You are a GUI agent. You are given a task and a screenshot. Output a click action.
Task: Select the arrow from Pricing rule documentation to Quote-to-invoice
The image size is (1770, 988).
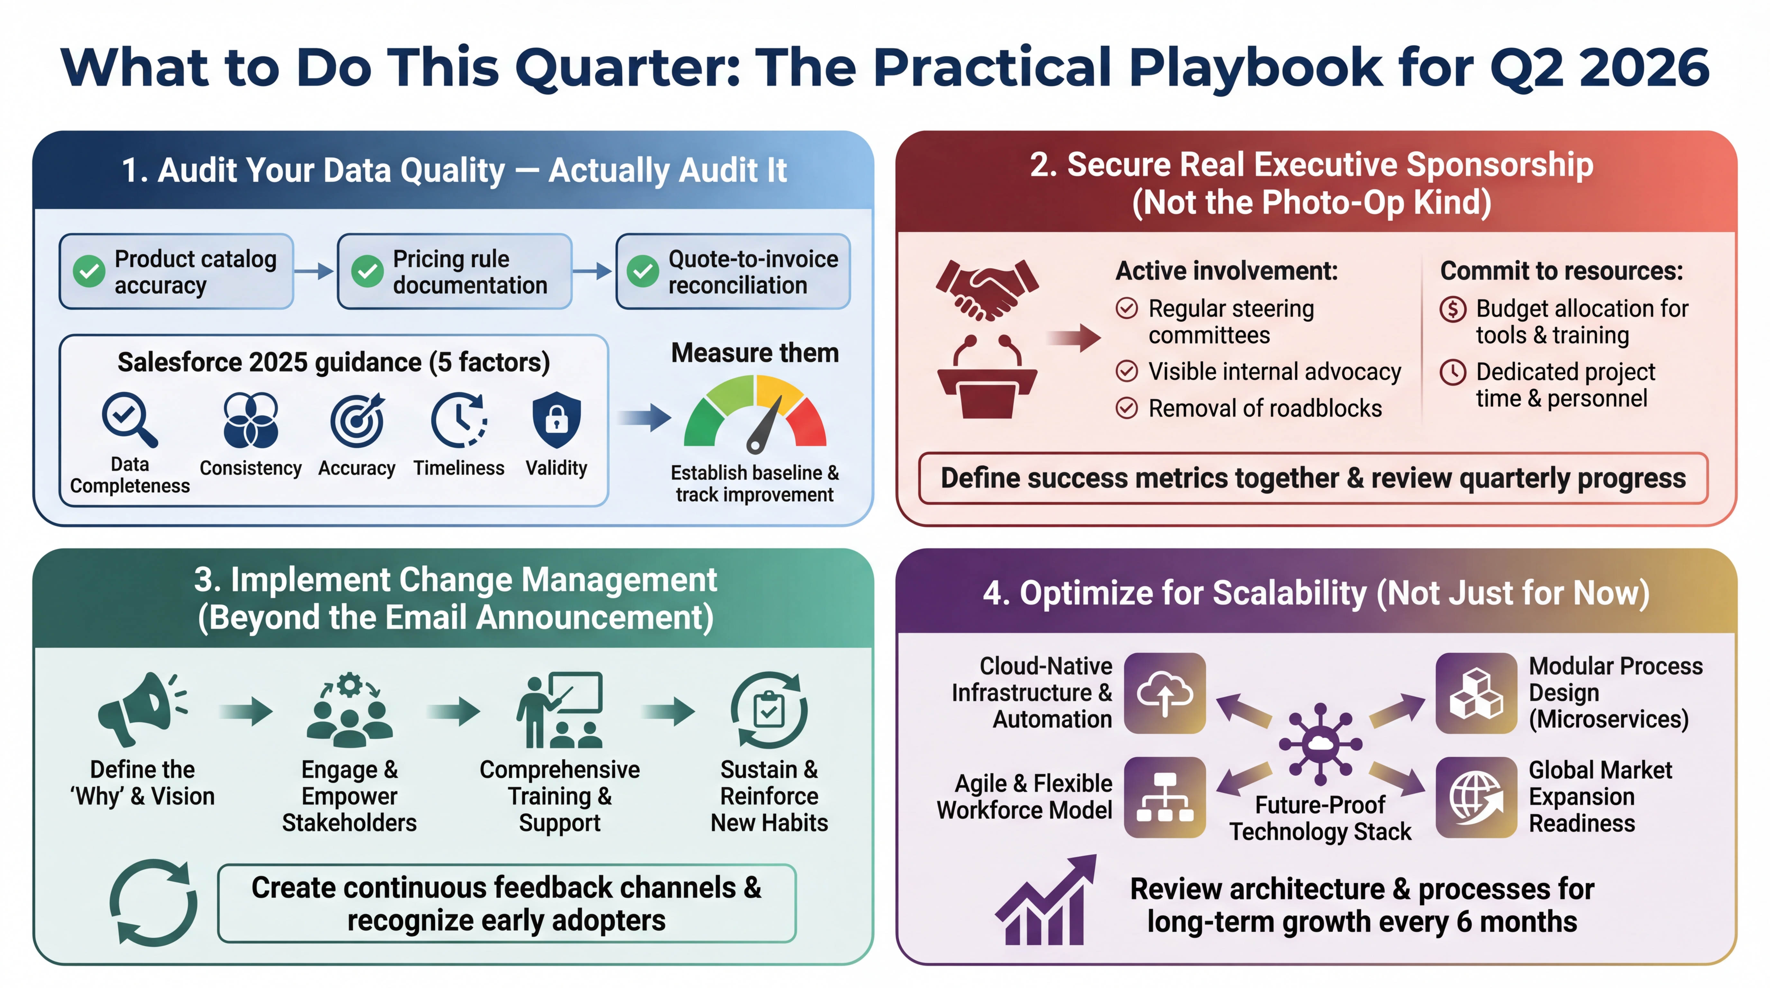pyautogui.click(x=592, y=271)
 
